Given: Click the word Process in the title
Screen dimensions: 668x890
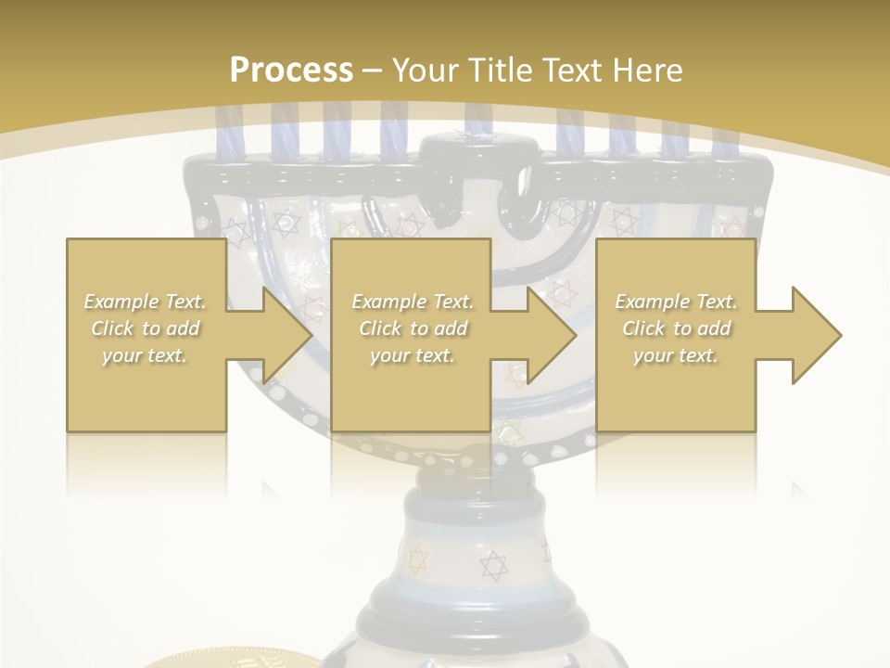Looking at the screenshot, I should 291,70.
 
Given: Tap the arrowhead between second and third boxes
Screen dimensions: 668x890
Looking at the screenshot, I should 551,335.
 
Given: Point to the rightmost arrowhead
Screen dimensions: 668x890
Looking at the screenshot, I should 815,335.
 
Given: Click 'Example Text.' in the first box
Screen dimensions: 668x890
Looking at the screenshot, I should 146,302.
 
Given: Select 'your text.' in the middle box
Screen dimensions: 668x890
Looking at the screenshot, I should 413,355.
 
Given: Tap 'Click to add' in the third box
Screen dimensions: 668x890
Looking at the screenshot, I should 676,328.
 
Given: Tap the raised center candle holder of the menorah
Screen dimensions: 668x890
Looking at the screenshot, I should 478,148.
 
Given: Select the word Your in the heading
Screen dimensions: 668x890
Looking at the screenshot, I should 422,70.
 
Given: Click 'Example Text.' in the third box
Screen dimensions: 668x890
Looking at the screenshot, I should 676,302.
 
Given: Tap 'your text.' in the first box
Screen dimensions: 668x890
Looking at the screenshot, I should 146,355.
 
